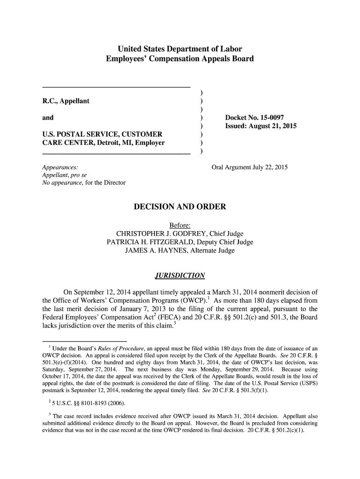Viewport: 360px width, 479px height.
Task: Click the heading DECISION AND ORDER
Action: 180,207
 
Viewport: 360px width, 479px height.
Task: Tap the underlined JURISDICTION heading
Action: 180,275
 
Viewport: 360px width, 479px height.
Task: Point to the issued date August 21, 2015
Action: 274,126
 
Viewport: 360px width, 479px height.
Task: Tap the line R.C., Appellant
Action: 66,101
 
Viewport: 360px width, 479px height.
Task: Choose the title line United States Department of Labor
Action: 180,49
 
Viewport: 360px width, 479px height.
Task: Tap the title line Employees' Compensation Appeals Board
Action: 180,59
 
